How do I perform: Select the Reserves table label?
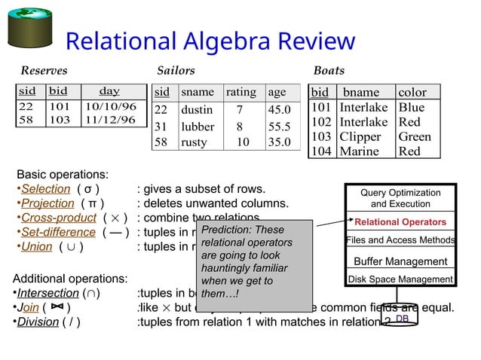[x=44, y=71]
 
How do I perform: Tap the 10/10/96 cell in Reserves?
[x=110, y=106]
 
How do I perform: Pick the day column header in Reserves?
[x=109, y=92]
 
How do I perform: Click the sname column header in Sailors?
[x=197, y=93]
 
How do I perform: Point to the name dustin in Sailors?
[x=197, y=109]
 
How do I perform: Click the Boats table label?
[x=329, y=71]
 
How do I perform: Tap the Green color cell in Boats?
[x=414, y=137]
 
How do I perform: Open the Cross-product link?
[x=58, y=218]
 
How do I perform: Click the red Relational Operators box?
[x=400, y=222]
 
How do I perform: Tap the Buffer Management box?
[x=400, y=261]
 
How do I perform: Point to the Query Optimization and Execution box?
[x=400, y=198]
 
